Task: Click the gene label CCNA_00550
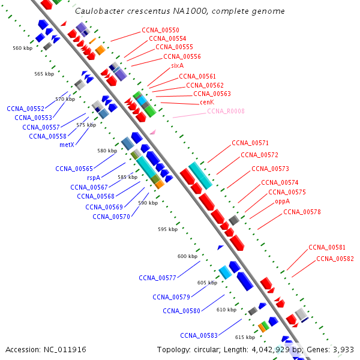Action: pyautogui.click(x=160, y=30)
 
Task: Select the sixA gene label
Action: pyautogui.click(x=177, y=65)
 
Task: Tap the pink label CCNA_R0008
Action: pyautogui.click(x=226, y=111)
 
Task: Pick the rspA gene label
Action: pyautogui.click(x=94, y=178)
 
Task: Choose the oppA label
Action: pyautogui.click(x=283, y=202)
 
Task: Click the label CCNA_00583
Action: pyautogui.click(x=199, y=335)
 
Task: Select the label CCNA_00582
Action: pyautogui.click(x=335, y=259)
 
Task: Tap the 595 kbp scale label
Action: pyautogui.click(x=167, y=229)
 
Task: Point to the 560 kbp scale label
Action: pyautogui.click(x=22, y=47)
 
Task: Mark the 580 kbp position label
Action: pyautogui.click(x=107, y=151)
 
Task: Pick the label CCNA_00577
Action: pyautogui.click(x=157, y=278)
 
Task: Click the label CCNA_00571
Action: pyautogui.click(x=250, y=143)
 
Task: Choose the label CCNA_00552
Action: pyautogui.click(x=25, y=109)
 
